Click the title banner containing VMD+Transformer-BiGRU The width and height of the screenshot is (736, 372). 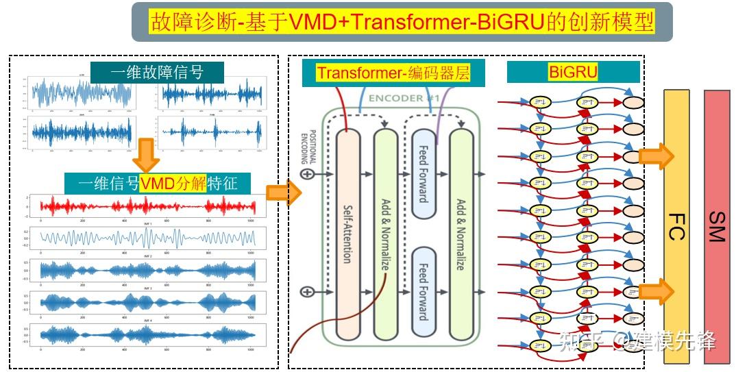point(402,22)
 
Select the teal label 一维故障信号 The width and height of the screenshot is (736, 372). point(157,72)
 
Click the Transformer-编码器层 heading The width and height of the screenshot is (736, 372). point(393,73)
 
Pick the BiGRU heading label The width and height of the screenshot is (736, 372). point(573,72)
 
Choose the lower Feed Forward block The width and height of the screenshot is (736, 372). point(423,291)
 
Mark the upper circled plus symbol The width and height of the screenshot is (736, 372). point(308,174)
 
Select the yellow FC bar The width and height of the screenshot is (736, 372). point(676,226)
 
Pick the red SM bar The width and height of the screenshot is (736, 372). point(717,226)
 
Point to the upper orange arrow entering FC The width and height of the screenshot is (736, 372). point(656,156)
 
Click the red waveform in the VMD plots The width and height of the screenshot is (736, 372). point(147,206)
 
